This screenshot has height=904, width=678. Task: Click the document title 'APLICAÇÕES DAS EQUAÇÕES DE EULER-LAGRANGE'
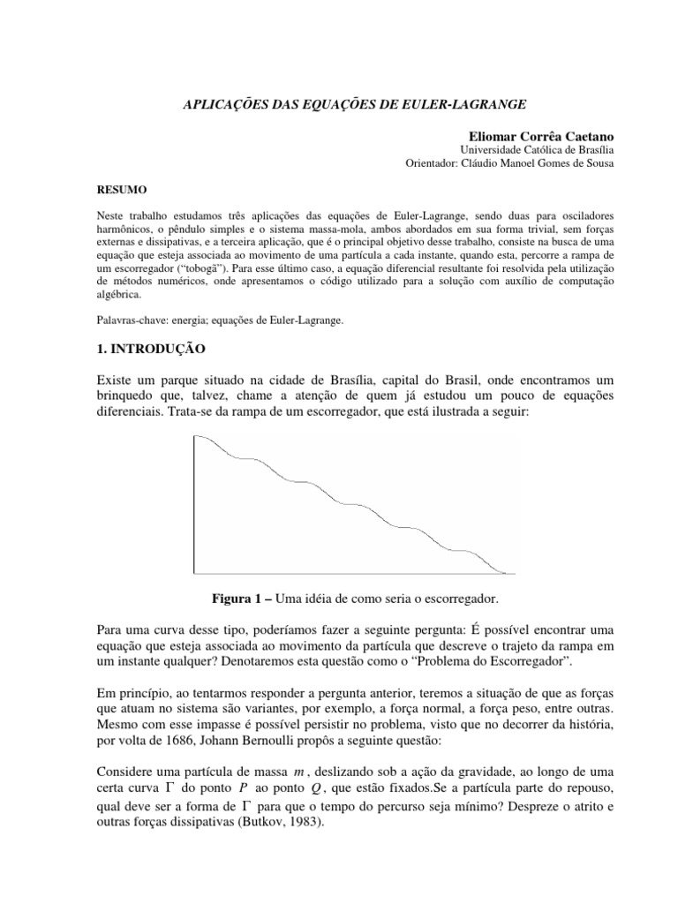pos(339,103)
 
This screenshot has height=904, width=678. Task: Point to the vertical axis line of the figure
pos(193,503)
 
